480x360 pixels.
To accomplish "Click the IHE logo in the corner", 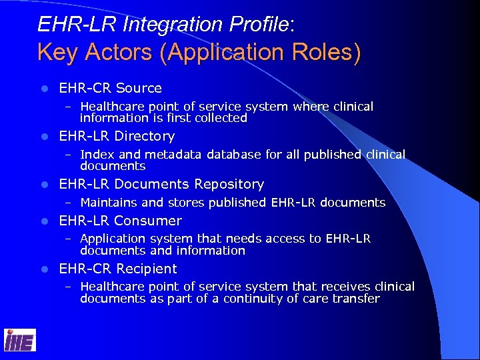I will (20, 340).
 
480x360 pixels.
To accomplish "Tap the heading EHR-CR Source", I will (111, 88).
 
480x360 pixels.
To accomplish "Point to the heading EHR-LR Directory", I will (117, 136).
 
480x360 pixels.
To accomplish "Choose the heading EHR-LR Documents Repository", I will (161, 184).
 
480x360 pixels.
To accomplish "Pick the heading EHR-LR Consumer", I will (120, 221).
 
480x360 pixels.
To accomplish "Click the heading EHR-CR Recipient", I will (118, 269).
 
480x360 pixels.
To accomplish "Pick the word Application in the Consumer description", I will (112, 239).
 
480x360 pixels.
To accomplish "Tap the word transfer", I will (358, 299).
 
